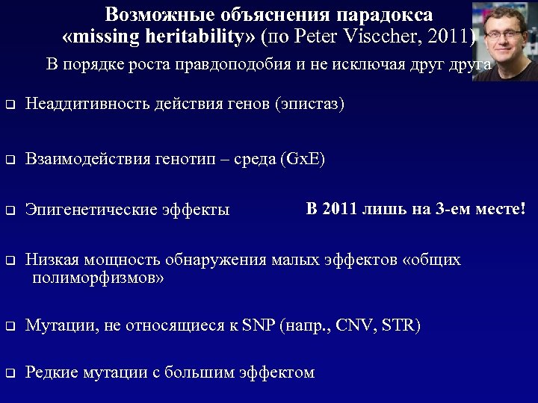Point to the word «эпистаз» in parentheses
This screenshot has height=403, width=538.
(x=310, y=104)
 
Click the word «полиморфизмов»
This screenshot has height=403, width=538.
(x=98, y=278)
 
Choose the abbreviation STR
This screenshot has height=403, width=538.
(x=400, y=325)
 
